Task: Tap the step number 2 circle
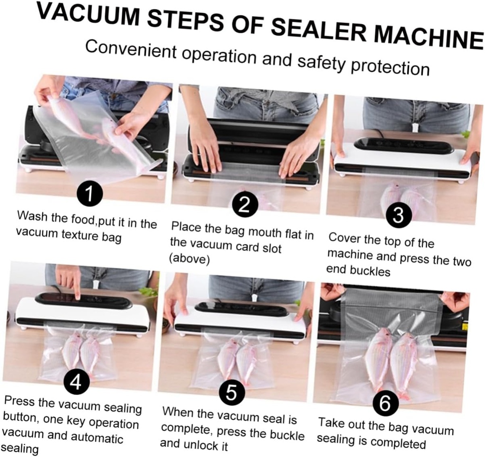[244, 205]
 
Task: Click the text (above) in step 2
[189, 259]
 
